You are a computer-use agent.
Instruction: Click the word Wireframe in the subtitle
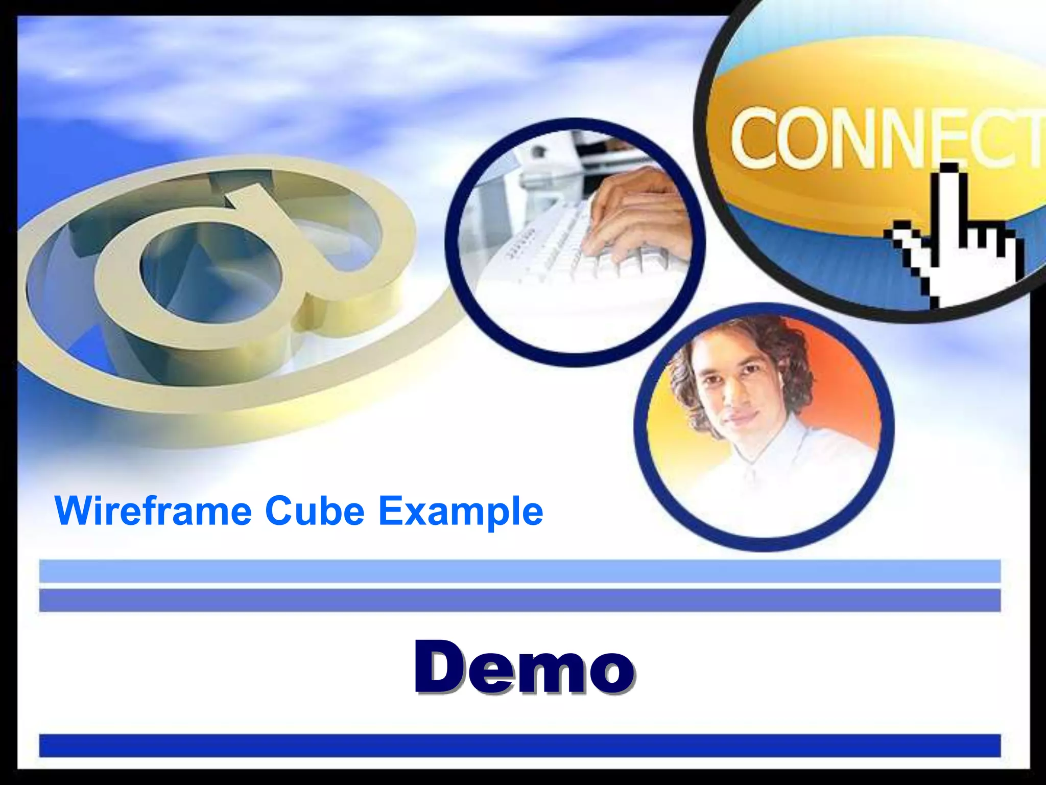(153, 511)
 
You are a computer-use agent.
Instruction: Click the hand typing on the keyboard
(638, 215)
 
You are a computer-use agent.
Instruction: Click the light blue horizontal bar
(519, 571)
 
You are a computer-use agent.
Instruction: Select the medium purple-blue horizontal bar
(519, 600)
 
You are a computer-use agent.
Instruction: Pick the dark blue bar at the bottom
(519, 745)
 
